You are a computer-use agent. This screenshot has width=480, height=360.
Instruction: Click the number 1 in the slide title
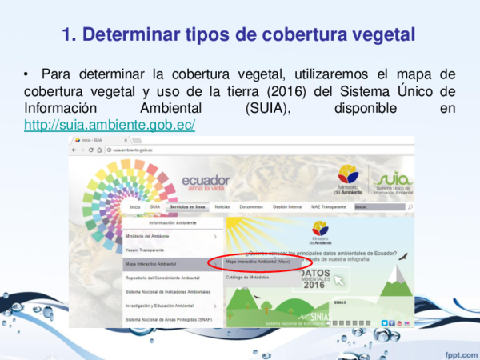(x=68, y=34)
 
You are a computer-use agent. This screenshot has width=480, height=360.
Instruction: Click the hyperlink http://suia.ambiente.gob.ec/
(x=110, y=126)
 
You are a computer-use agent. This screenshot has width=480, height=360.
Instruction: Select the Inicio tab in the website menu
(x=134, y=207)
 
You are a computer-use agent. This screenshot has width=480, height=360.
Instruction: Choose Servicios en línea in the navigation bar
(x=187, y=207)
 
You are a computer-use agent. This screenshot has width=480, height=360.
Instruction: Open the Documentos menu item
(x=251, y=207)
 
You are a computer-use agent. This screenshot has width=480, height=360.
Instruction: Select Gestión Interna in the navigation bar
(x=286, y=207)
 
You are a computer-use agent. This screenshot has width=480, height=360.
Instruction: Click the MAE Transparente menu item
(x=328, y=207)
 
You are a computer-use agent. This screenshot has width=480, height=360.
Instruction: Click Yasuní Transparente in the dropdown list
(x=146, y=250)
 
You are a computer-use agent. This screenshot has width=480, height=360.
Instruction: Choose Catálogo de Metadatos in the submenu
(x=247, y=277)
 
